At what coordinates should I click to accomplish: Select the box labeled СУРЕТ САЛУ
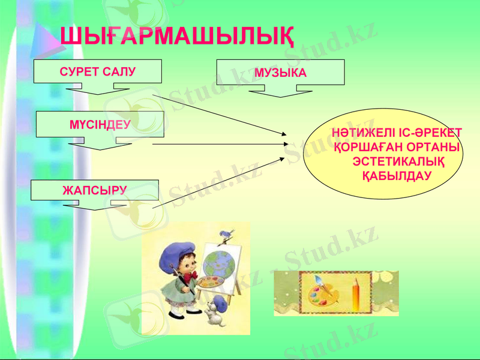(x=98, y=71)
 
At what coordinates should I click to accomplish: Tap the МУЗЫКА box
(x=280, y=73)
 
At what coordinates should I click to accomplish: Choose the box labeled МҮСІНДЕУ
(x=100, y=124)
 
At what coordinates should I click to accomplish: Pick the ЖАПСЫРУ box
(x=95, y=190)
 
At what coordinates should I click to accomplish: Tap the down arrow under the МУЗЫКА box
(x=280, y=91)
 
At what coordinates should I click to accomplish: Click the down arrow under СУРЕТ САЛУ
(x=98, y=90)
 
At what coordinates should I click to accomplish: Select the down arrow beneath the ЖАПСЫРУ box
(x=95, y=205)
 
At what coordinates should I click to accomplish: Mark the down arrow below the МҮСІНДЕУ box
(x=100, y=143)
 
